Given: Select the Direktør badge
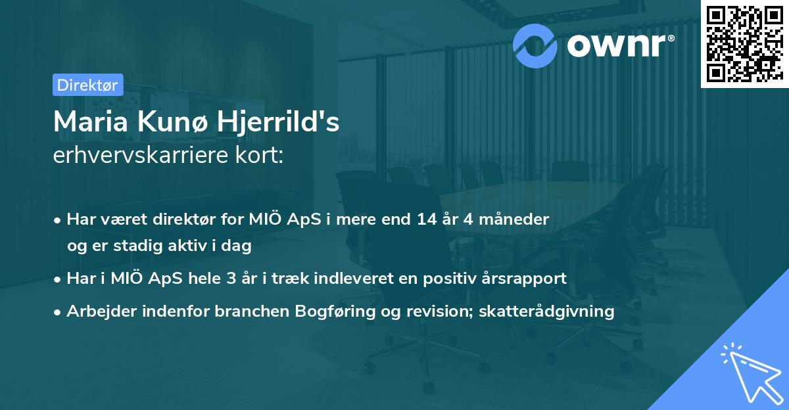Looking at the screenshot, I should pyautogui.click(x=87, y=84).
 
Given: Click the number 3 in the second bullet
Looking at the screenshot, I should pyautogui.click(x=231, y=278).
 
